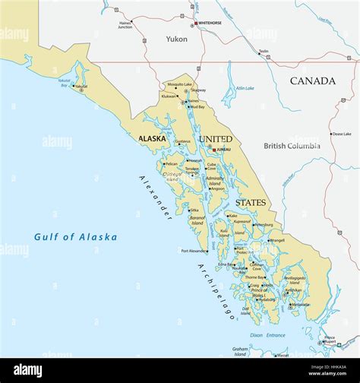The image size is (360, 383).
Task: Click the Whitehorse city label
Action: (212, 24)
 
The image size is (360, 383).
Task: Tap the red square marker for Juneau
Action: (213, 150)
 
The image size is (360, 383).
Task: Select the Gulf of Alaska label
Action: (75, 237)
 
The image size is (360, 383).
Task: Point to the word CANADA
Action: (312, 81)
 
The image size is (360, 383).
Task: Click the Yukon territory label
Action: (177, 38)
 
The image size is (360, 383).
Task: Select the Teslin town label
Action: (264, 52)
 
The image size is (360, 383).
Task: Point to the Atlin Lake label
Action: (245, 88)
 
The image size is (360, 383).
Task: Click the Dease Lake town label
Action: (341, 134)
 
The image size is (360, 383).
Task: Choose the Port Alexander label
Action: (194, 251)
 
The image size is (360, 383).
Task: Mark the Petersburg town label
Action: (263, 225)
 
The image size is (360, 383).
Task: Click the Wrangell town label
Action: (276, 240)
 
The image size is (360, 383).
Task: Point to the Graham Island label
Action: (240, 351)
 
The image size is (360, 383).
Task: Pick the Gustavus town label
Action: (183, 141)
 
